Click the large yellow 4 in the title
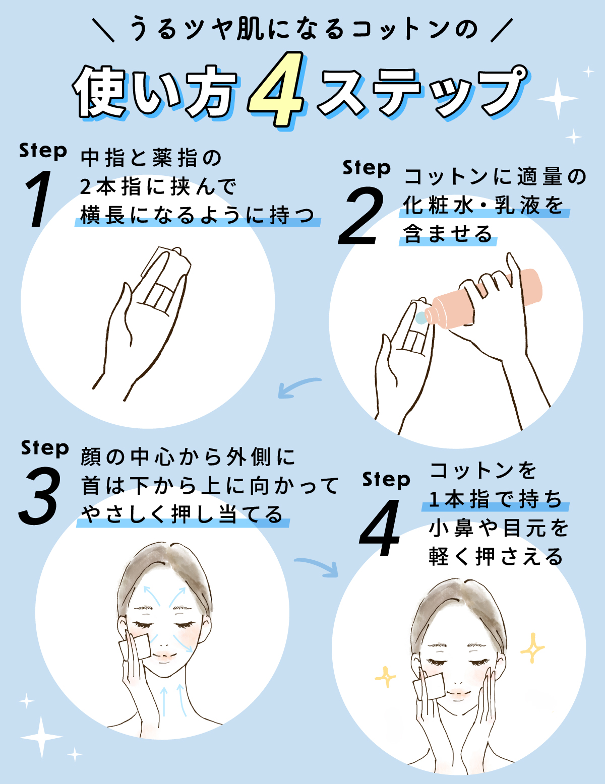pyautogui.click(x=276, y=90)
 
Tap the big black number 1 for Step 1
pyautogui.click(x=39, y=199)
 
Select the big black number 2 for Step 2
pyautogui.click(x=361, y=217)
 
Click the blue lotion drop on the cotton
pyautogui.click(x=420, y=318)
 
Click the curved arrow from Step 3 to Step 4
pyautogui.click(x=317, y=566)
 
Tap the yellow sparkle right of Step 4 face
pyautogui.click(x=532, y=647)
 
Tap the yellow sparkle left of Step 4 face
pyautogui.click(x=386, y=677)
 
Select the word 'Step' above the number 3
pyautogui.click(x=45, y=448)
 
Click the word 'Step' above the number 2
pyautogui.click(x=367, y=168)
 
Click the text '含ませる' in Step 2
pyautogui.click(x=448, y=234)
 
